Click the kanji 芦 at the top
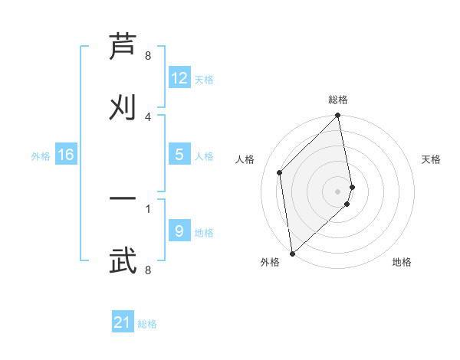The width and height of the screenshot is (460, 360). (123, 47)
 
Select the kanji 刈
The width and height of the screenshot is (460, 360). (123, 106)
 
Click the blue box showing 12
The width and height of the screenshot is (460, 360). (179, 78)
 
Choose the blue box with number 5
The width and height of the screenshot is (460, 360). (179, 155)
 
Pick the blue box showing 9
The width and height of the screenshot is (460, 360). (179, 231)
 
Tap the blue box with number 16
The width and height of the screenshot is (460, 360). (66, 155)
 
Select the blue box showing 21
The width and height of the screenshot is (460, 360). (123, 322)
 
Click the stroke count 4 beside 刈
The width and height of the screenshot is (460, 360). (148, 116)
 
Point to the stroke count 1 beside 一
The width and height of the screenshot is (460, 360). (148, 208)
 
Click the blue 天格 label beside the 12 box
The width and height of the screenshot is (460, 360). (204, 79)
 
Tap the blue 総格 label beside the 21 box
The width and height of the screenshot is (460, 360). (147, 324)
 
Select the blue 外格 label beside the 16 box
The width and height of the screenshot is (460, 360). (41, 155)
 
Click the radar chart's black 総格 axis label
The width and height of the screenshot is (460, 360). (338, 100)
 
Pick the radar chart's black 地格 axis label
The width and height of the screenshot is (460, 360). (402, 262)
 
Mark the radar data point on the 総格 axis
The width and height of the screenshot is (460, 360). (338, 116)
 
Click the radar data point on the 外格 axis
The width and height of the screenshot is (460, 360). (292, 253)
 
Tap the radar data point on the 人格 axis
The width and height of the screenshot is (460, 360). (280, 172)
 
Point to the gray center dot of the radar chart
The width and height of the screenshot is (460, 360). (338, 191)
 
